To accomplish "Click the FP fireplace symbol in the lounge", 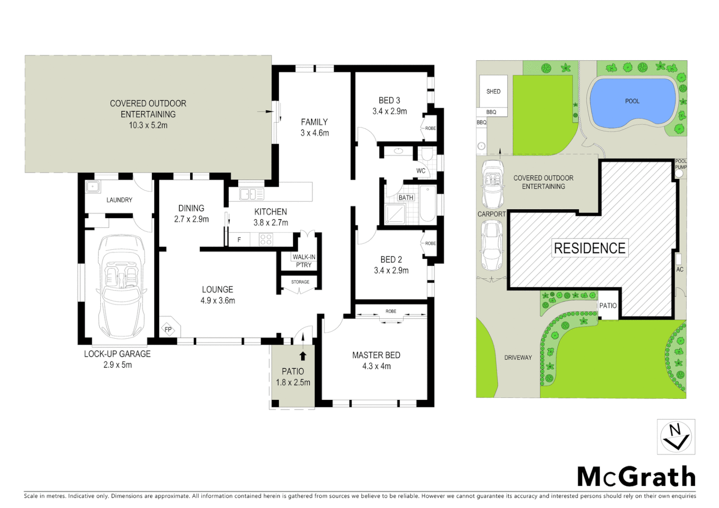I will coord(168,329).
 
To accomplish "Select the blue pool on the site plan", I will coord(631,102).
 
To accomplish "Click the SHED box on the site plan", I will coord(493,92).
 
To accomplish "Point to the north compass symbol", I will coord(676,437).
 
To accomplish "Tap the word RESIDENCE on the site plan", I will coord(590,248).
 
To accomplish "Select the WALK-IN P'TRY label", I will coord(304,261).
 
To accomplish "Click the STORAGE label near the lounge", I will coord(300,282).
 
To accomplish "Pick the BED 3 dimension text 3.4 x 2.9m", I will coord(390,111).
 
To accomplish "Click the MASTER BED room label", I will coord(376,355).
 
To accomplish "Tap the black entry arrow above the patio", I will coord(303,356).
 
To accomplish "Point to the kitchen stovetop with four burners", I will coord(266,239).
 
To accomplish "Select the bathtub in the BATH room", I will coord(428,204).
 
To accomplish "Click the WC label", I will coord(421,171).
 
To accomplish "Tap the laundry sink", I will coord(93,186).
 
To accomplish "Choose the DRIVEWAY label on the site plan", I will coord(518,357).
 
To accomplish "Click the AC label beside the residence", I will coord(679,270).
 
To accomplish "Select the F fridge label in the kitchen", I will coord(239,240).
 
